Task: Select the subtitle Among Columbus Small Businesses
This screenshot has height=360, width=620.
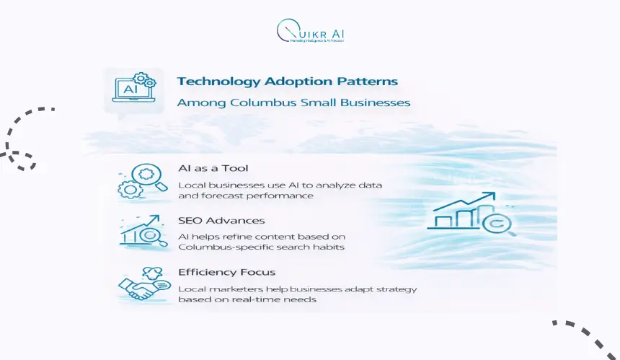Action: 293,102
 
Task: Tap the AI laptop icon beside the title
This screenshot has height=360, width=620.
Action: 130,90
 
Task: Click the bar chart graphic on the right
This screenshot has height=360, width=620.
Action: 472,214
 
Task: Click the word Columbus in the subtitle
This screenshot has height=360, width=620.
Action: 257,102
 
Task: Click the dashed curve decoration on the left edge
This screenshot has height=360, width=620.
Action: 22,137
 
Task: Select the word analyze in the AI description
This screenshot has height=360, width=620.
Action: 318,185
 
